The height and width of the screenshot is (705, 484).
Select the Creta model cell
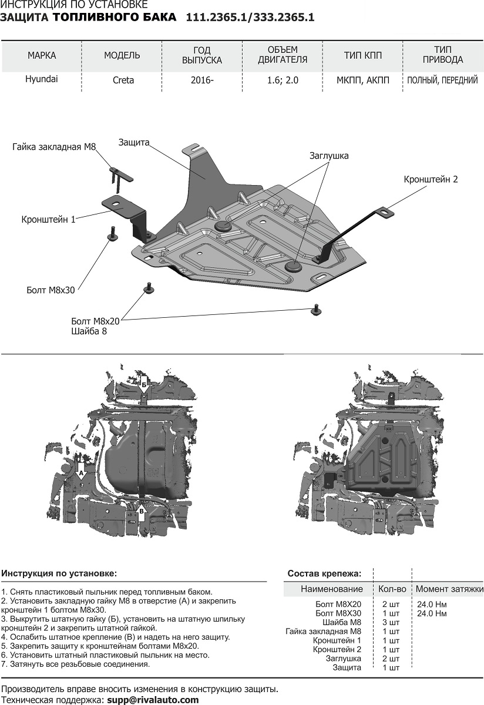123,80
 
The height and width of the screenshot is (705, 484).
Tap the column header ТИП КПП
362,55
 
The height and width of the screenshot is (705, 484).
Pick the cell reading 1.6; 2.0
283,80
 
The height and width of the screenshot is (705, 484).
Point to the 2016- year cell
201,80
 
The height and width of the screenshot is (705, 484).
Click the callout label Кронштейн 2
430,179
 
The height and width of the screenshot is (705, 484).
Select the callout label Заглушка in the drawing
329,156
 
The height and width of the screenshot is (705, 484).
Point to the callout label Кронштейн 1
48,220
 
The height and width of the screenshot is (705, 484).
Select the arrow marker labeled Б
144,385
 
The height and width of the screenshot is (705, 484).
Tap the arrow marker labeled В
141,513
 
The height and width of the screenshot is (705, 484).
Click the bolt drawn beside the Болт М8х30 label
110,234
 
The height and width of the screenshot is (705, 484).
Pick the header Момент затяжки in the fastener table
449,589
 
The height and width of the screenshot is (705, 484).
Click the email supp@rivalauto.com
152,700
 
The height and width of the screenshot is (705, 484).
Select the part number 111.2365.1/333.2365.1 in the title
250,18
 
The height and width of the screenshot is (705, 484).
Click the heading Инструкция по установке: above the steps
59,573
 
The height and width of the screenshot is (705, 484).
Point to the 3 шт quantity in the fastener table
391,622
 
